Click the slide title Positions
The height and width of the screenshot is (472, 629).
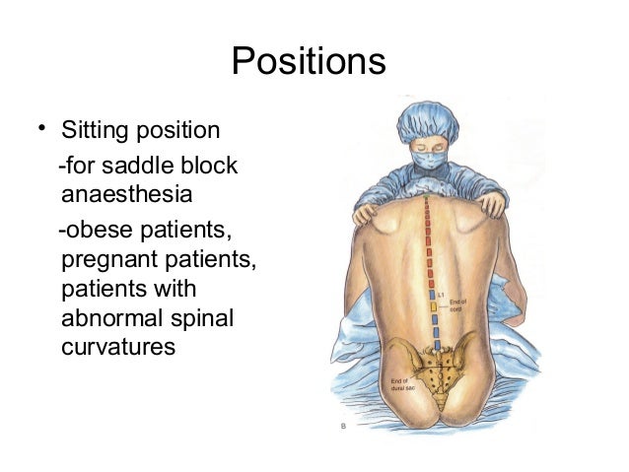[x=308, y=61]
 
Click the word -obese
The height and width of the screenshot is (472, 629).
[x=94, y=234]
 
